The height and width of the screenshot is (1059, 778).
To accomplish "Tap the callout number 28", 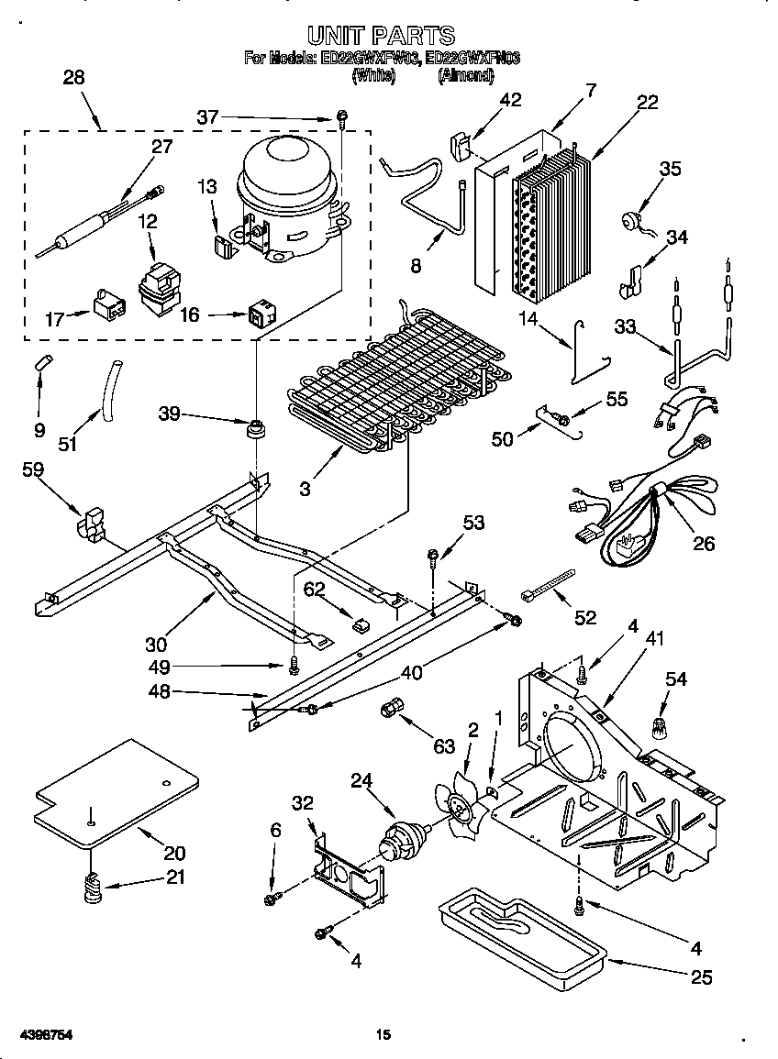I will (x=73, y=78).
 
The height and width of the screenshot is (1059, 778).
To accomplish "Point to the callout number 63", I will (x=444, y=746).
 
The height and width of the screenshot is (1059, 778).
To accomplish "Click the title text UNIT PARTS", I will (x=381, y=36).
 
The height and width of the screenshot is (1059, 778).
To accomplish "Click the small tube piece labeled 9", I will (x=42, y=359).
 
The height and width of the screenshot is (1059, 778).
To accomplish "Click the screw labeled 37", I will (x=341, y=116).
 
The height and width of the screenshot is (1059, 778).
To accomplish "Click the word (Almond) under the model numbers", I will (x=465, y=76).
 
